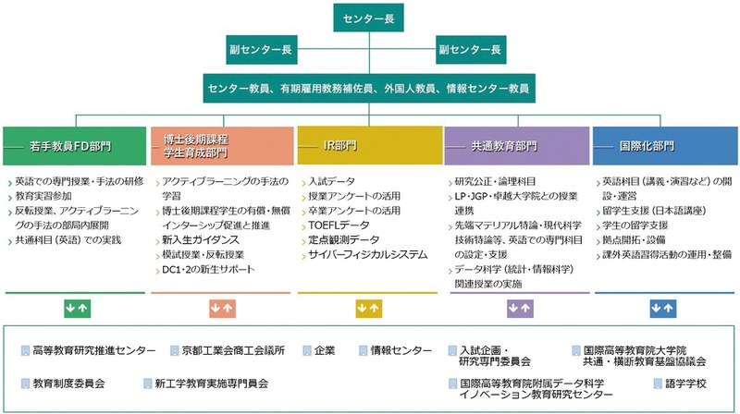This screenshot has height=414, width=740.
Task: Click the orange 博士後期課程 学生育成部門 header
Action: point(221,146)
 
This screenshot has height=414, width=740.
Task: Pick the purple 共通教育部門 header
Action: point(516,146)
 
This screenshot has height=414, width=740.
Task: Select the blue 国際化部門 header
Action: point(663,146)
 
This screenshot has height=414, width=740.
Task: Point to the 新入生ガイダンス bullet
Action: point(198,240)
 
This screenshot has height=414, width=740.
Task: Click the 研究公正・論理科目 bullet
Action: point(495,181)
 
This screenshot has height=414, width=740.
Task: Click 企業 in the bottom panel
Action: point(325,350)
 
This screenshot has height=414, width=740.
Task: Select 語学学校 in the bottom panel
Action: point(685,382)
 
